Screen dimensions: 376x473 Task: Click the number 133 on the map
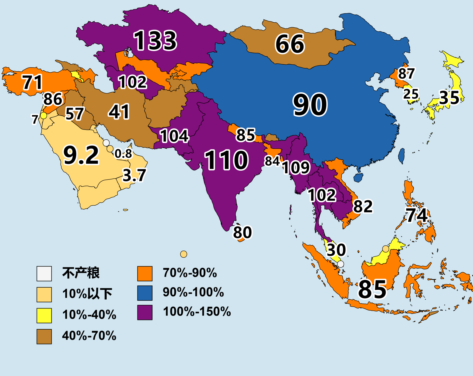155,40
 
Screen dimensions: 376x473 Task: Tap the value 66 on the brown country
290,44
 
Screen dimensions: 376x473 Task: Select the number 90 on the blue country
310,105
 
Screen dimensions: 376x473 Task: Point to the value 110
226,160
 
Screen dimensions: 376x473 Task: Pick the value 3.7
134,175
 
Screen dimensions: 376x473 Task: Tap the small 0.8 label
123,153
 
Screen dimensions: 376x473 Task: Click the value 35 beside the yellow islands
449,98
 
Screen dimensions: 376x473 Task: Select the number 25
411,94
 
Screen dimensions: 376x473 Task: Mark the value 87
406,73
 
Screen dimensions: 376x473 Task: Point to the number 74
417,215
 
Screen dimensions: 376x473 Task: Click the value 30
336,250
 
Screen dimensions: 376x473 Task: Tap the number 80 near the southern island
242,232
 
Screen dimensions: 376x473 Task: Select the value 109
296,167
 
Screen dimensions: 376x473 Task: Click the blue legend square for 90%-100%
145,293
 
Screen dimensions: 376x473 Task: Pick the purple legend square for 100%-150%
145,312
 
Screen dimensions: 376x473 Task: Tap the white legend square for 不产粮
44,273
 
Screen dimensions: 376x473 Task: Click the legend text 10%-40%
89,315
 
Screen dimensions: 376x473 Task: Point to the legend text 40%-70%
89,336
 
